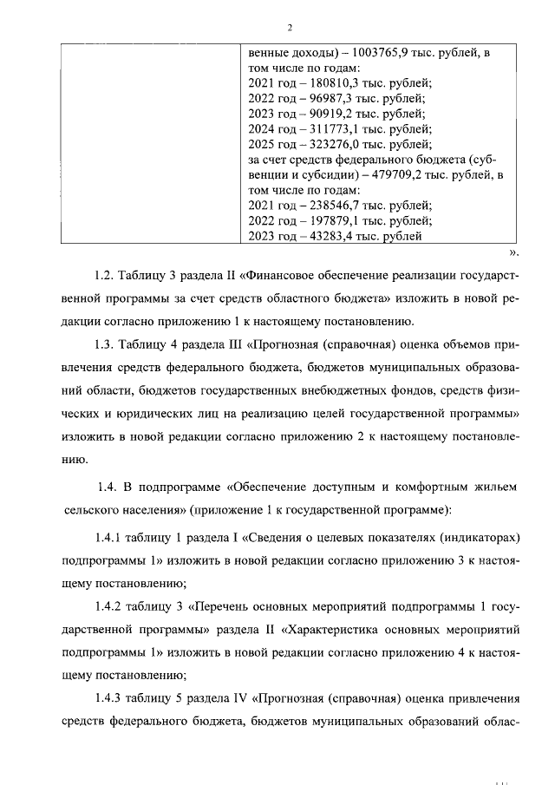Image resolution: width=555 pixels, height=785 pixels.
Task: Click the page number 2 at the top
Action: point(277,27)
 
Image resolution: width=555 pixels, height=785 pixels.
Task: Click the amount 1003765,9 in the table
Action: point(358,53)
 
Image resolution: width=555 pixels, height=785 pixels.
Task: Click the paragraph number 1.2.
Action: point(105,276)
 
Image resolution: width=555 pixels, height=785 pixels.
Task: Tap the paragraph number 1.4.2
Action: point(111,604)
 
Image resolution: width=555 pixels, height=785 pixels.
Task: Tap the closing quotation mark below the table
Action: point(513,252)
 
